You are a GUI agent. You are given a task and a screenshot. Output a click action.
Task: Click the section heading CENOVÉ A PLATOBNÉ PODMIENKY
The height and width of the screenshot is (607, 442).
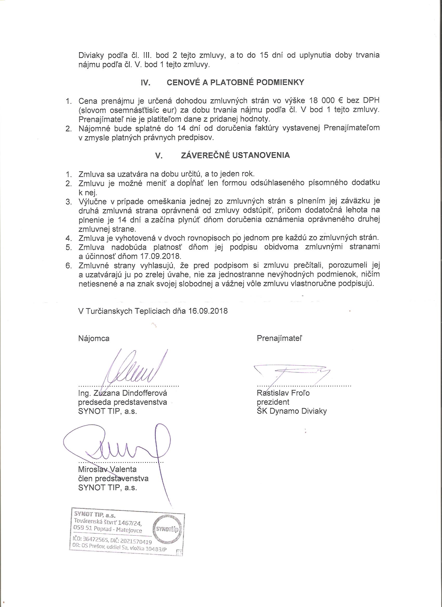click(x=235, y=83)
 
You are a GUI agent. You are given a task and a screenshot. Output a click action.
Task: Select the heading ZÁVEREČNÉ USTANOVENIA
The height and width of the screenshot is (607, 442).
click(x=235, y=156)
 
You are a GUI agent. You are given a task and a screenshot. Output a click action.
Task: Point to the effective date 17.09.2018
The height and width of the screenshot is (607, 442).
click(x=160, y=256)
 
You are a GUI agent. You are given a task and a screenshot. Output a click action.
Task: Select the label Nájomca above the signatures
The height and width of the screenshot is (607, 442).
click(x=94, y=339)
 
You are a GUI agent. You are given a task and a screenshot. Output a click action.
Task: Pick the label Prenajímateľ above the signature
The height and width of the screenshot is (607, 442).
click(x=279, y=339)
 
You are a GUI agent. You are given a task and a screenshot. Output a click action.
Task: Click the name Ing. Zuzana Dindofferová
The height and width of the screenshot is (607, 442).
click(x=122, y=393)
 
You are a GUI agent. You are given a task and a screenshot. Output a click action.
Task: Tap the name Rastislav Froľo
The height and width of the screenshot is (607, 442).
click(x=283, y=393)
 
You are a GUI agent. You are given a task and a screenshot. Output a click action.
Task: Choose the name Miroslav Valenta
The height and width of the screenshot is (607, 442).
click(x=107, y=469)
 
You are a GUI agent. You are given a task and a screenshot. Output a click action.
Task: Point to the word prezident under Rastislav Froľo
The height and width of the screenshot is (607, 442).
click(x=273, y=402)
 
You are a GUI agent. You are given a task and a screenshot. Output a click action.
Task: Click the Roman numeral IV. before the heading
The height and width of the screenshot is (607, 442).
click(x=146, y=83)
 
